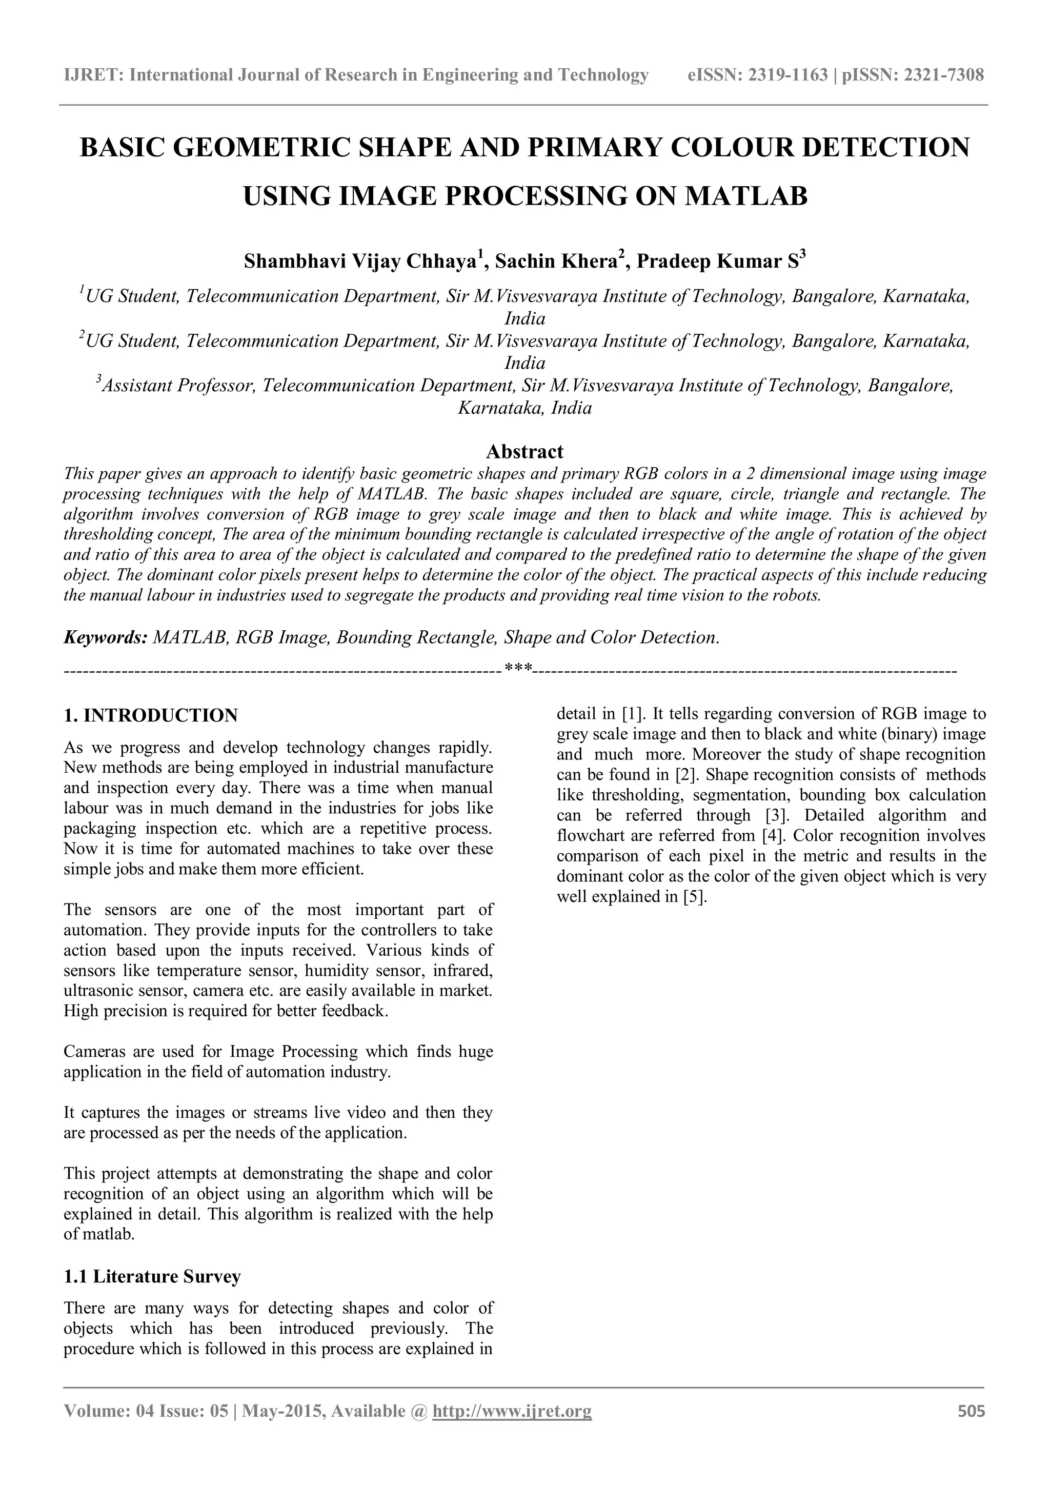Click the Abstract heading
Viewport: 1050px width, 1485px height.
pyautogui.click(x=524, y=451)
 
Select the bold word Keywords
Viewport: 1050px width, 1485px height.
pyautogui.click(x=106, y=638)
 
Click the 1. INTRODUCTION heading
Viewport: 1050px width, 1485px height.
pyautogui.click(x=151, y=715)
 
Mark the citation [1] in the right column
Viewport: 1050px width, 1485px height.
pyautogui.click(x=632, y=715)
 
